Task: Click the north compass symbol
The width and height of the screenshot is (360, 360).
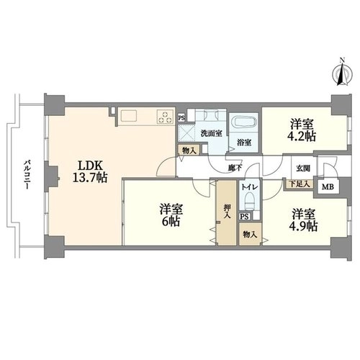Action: tap(343, 73)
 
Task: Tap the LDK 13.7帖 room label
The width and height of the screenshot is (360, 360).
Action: tap(90, 171)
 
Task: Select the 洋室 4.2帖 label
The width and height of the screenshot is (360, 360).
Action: tap(302, 130)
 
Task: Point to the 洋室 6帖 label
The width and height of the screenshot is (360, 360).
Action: tap(171, 215)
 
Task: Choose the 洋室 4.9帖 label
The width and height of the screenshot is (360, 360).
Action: tap(303, 220)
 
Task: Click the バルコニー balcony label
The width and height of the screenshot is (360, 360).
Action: tap(27, 174)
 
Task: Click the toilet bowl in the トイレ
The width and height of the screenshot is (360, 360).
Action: tap(249, 201)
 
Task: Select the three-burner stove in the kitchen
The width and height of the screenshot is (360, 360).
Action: tap(166, 117)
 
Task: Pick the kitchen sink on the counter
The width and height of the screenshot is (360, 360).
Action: tap(129, 116)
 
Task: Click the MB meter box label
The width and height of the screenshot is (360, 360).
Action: tap(328, 187)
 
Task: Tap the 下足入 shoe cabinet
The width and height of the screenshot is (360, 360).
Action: tap(299, 184)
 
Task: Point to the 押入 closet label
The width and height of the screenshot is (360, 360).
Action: tap(227, 211)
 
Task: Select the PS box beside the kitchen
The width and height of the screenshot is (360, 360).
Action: tap(181, 118)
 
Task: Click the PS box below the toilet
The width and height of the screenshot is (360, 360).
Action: tap(244, 216)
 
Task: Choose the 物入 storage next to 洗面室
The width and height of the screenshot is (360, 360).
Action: tap(189, 150)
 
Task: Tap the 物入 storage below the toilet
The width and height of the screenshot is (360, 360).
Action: tap(250, 234)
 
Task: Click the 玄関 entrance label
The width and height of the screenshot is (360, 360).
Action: tap(302, 168)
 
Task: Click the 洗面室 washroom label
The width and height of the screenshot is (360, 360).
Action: tap(211, 133)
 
